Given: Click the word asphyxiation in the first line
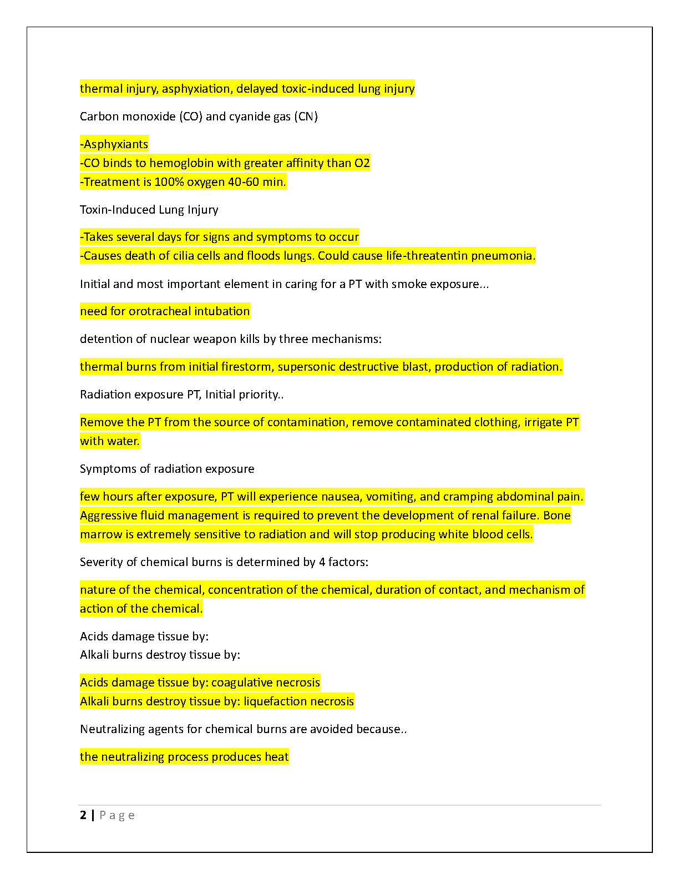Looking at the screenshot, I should (x=196, y=89).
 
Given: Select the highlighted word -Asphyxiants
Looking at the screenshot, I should (x=114, y=144).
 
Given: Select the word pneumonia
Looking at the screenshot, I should (x=503, y=256).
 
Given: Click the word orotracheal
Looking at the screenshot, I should (x=160, y=311).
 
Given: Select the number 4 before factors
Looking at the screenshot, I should (x=322, y=562).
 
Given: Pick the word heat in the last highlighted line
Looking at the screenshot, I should (x=277, y=757).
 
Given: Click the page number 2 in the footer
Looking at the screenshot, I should (x=83, y=815).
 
